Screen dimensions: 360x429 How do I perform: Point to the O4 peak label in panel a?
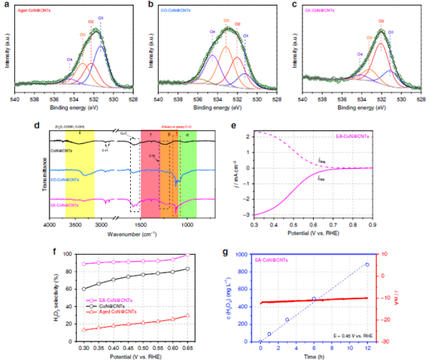coord(69,59)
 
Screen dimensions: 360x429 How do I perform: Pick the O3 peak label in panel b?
coord(226,31)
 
